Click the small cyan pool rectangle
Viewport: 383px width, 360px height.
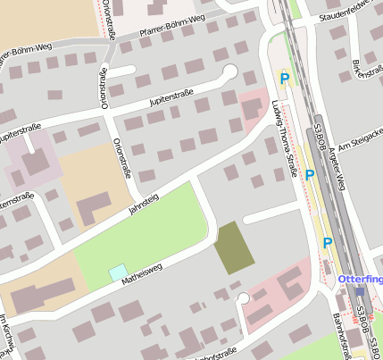tap(118, 271)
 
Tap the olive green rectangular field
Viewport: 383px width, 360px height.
tap(234, 247)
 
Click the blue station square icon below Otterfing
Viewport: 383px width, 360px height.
tap(359, 292)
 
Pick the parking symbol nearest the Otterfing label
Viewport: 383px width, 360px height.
tap(328, 242)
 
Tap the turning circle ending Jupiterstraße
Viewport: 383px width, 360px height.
tap(230, 71)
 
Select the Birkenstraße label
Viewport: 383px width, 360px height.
tap(358, 65)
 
